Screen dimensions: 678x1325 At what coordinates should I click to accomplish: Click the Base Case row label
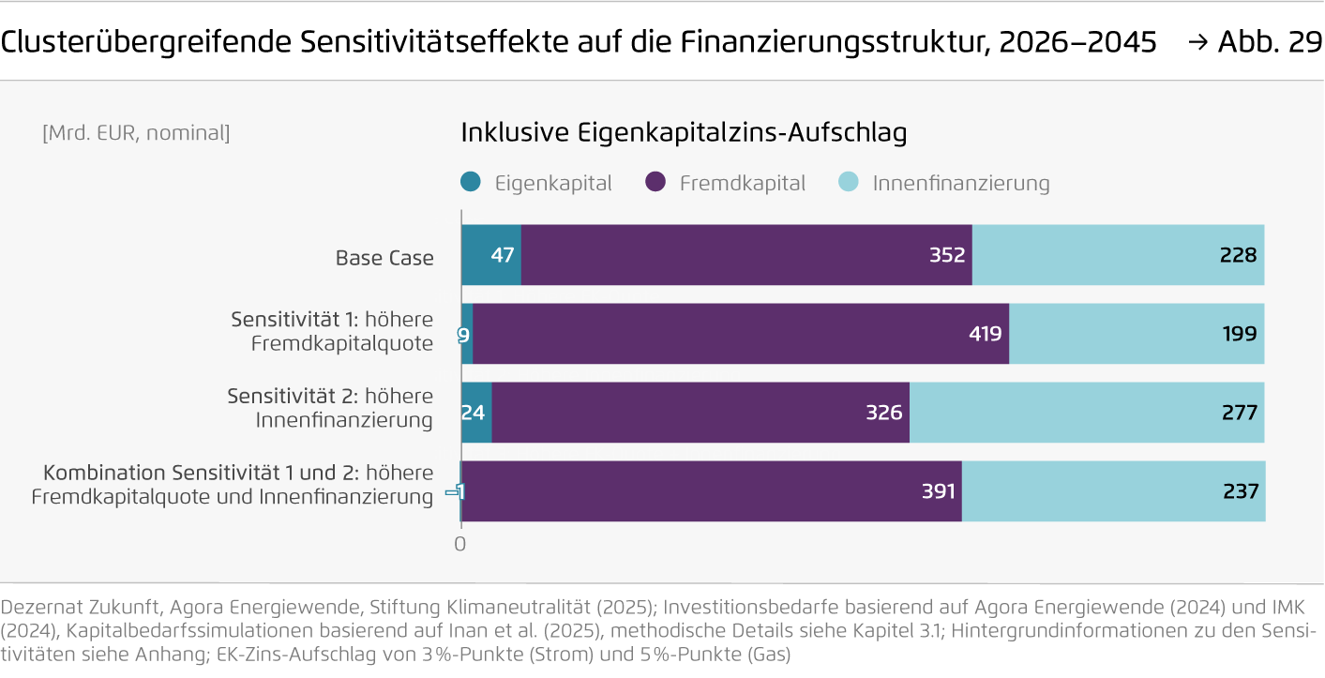pos(384,257)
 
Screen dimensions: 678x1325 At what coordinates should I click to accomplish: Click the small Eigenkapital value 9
pos(463,334)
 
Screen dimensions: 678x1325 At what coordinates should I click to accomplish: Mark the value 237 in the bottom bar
pos(1239,491)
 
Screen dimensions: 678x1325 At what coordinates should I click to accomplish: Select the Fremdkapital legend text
pos(742,183)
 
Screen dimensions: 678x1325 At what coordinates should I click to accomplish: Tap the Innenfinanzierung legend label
pos(961,183)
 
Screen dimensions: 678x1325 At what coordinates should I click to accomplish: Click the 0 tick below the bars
pos(459,543)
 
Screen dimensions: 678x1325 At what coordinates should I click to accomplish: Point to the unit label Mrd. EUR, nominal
pos(136,133)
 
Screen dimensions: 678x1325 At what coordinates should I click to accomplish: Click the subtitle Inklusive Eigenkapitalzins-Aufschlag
pos(684,133)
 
